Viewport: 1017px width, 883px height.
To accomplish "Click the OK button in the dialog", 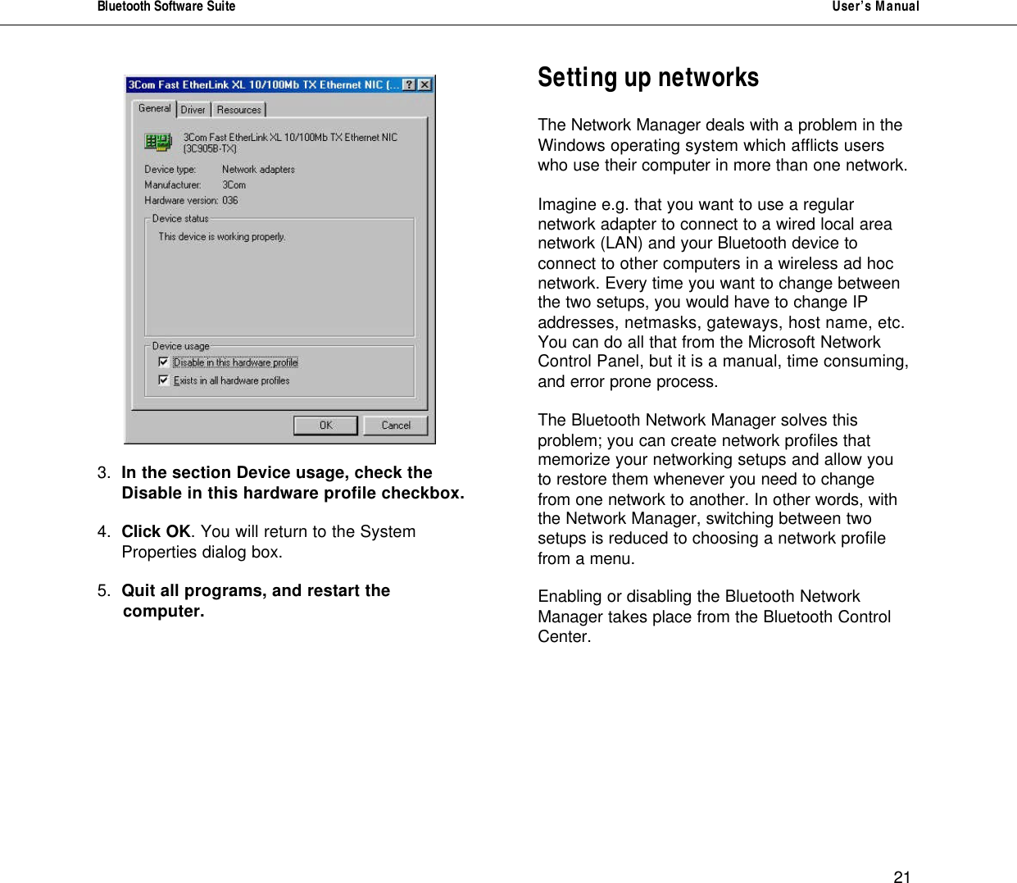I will (325, 426).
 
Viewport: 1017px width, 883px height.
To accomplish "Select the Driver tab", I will (193, 110).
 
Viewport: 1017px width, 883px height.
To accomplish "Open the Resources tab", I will (239, 110).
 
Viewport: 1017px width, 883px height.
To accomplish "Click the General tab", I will (154, 108).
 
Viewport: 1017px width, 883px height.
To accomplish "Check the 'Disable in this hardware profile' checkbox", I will (164, 362).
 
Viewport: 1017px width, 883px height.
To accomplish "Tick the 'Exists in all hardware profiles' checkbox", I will (164, 380).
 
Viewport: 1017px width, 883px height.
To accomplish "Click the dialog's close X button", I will (425, 84).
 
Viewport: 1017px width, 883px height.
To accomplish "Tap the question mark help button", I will (409, 84).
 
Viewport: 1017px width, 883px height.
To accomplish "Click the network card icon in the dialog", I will (158, 143).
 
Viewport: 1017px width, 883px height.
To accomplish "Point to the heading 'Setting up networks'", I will (648, 77).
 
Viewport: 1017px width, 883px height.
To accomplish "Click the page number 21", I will (901, 876).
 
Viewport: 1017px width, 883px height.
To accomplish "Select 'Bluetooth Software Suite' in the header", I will (166, 7).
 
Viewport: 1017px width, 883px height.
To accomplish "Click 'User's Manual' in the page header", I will (875, 7).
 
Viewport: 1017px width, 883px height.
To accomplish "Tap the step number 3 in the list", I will (102, 473).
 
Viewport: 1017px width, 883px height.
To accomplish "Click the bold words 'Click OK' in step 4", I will (156, 532).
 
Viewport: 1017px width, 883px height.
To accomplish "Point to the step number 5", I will (102, 591).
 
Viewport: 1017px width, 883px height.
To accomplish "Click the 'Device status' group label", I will (180, 219).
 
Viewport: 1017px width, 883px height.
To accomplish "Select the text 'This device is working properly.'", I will (222, 237).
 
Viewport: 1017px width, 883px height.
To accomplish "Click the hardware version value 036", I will (230, 201).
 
